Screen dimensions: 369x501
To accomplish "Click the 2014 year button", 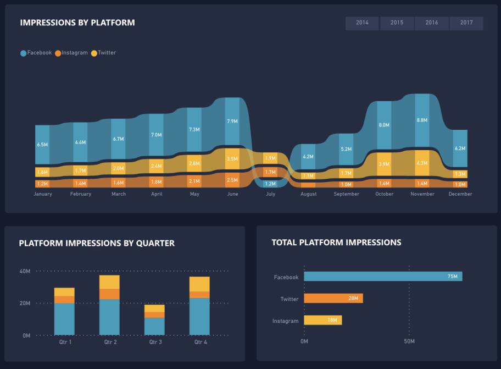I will (x=362, y=23).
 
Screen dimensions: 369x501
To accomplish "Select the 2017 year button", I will (x=466, y=23).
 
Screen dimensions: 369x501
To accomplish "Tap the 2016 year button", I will (x=432, y=23).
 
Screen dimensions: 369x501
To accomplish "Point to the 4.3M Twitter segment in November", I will (x=422, y=163).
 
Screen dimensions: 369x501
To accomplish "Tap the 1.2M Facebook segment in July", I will (x=270, y=184).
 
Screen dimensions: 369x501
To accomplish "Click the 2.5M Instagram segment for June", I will (x=232, y=180).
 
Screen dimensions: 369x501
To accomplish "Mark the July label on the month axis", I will (x=270, y=194).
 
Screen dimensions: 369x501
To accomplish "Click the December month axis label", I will (x=460, y=194).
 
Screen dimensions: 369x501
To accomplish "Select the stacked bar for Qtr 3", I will (x=154, y=320).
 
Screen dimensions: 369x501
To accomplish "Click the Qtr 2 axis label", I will (x=109, y=342).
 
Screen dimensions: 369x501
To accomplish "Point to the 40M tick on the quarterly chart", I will (x=25, y=271).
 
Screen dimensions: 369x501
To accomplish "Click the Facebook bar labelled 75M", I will (x=383, y=277).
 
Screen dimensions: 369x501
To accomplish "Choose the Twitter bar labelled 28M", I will (x=333, y=298).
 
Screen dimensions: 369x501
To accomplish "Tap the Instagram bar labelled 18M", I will (x=323, y=320).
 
